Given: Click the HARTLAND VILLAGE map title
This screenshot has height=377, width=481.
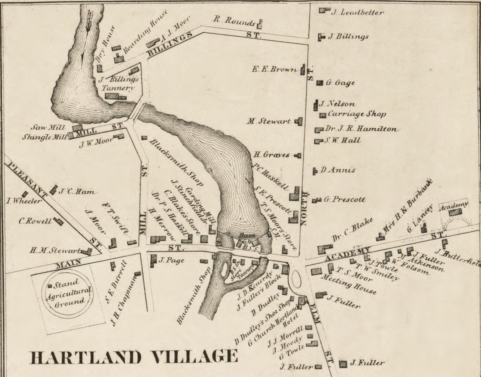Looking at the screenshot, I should coord(133,357).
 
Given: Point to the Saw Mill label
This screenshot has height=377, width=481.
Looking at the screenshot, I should coord(48,128).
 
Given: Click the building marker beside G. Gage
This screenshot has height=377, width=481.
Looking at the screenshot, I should coord(319,83).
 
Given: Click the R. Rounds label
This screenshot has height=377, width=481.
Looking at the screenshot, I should coord(234,21).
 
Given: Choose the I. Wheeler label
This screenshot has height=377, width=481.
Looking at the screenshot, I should coord(24,201).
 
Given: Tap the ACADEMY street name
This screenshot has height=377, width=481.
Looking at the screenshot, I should coord(348,254).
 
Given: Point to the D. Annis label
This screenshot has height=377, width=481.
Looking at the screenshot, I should coord(337,170).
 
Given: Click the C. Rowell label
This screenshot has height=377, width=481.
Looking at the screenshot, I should coord(35,221).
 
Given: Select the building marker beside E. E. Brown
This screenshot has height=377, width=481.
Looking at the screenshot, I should coord(303,70).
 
